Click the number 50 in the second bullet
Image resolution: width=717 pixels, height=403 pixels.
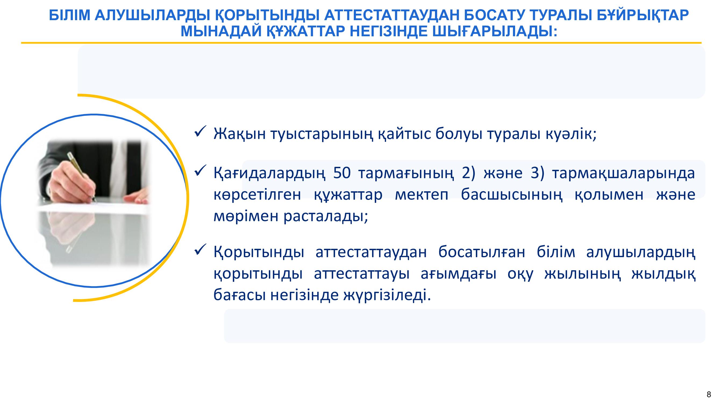(341, 173)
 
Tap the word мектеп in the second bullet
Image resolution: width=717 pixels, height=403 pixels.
(422, 195)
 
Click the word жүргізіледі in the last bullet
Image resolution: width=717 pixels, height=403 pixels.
(387, 295)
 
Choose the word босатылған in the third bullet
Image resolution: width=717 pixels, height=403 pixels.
(481, 252)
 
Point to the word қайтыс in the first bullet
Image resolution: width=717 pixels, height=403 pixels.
(404, 134)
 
